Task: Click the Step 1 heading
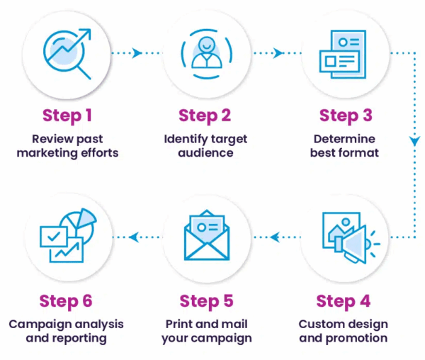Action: click(67, 115)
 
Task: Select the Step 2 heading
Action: click(205, 115)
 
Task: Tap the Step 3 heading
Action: click(345, 115)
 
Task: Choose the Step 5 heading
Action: click(206, 300)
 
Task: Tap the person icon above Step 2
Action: click(205, 52)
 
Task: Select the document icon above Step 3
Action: click(344, 51)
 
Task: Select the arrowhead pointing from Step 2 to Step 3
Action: click(278, 52)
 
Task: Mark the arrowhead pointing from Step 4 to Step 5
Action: click(275, 237)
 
